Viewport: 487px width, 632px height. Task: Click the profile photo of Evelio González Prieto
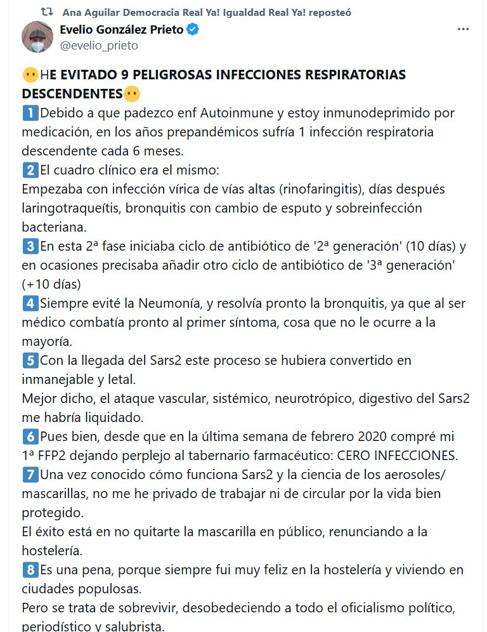pos(37,37)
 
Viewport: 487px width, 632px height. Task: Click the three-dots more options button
pos(463,30)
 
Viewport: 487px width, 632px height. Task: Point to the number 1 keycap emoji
pos(30,114)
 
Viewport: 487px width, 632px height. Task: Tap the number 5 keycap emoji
pos(30,360)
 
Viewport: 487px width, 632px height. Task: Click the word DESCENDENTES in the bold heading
pos(72,94)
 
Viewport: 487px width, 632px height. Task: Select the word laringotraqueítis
pos(70,208)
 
